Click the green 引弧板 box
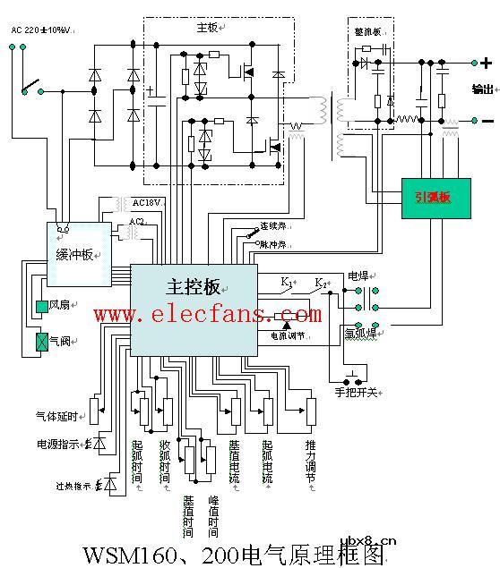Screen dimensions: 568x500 pos(444,196)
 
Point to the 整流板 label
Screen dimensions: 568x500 pos(369,32)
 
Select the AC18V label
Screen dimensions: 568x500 pos(145,203)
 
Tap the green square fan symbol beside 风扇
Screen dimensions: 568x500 pos(41,308)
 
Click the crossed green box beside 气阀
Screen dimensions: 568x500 pos(41,340)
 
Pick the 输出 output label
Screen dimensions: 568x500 pos(482,89)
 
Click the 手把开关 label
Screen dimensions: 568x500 pos(356,393)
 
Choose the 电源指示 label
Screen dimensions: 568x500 pos(57,444)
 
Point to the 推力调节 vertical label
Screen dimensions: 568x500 pos(309,462)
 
